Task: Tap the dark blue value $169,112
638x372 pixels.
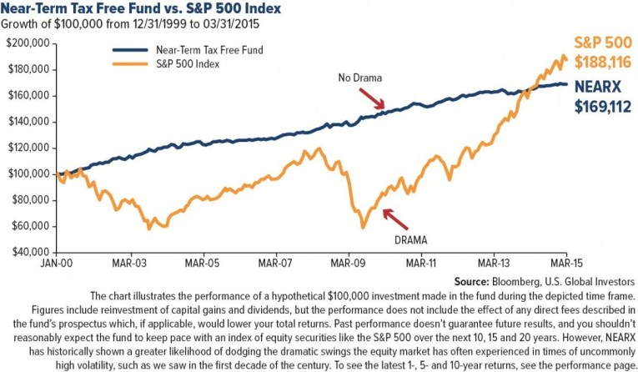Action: (598, 107)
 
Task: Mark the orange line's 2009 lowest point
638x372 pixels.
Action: (362, 227)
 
